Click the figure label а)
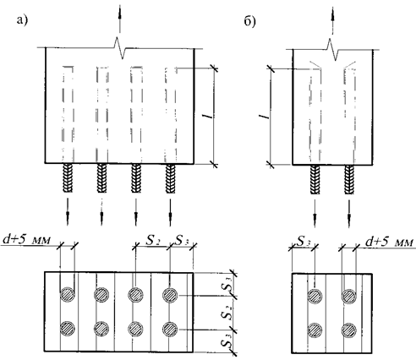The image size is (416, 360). (x=23, y=20)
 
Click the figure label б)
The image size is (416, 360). (x=249, y=21)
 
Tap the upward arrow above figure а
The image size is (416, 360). (x=120, y=19)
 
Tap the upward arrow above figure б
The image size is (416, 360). (x=333, y=20)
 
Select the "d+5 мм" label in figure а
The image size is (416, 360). (x=27, y=239)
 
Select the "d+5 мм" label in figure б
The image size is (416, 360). (x=390, y=242)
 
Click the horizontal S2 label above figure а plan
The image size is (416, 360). (x=153, y=240)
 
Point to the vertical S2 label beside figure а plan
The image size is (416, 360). (x=227, y=312)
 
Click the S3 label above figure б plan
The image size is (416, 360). (x=303, y=241)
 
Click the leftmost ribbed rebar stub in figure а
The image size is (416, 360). (x=68, y=178)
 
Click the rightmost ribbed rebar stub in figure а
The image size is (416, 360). (x=170, y=178)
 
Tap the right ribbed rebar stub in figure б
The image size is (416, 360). (x=349, y=179)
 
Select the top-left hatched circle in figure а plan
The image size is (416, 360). (x=68, y=295)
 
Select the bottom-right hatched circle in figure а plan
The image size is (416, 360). (x=170, y=329)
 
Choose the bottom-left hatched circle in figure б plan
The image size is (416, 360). (x=315, y=330)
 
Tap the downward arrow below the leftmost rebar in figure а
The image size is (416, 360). (x=68, y=212)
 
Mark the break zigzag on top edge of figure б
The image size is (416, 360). (x=334, y=50)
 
